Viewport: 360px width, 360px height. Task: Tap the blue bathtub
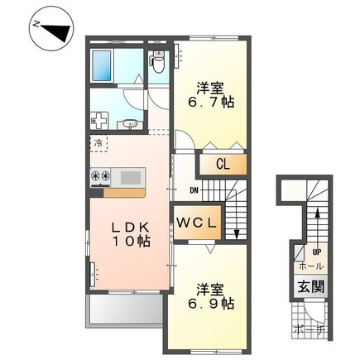[102, 66]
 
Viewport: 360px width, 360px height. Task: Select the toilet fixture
[158, 62]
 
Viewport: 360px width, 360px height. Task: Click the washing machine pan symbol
[99, 121]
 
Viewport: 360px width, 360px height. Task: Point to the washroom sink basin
[130, 125]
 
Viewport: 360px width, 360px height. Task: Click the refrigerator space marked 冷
[98, 143]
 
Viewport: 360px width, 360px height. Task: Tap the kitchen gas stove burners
[100, 176]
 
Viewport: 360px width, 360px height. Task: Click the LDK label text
[130, 228]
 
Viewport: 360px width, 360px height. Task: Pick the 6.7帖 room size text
[211, 103]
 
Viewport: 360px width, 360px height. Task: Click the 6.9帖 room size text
[211, 304]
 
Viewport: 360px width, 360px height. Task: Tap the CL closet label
[223, 165]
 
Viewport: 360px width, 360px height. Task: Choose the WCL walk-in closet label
[196, 223]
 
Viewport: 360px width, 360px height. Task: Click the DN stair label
[194, 190]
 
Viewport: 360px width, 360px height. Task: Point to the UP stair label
[317, 252]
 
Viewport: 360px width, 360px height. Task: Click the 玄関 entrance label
[311, 288]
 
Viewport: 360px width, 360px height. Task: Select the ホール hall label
[311, 266]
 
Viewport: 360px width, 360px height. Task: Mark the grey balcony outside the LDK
[124, 309]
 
